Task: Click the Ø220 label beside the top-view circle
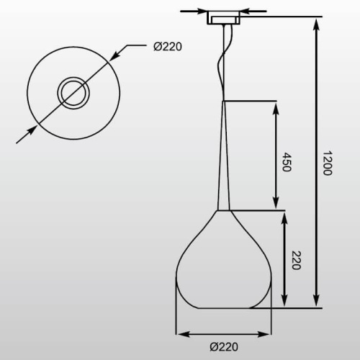(x=168, y=47)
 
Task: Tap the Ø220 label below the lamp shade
(x=224, y=347)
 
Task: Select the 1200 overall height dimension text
(x=327, y=163)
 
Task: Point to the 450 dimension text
(x=287, y=162)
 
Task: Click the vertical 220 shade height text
(x=296, y=260)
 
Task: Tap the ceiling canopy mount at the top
(x=224, y=17)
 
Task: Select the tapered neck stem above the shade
(x=224, y=156)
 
